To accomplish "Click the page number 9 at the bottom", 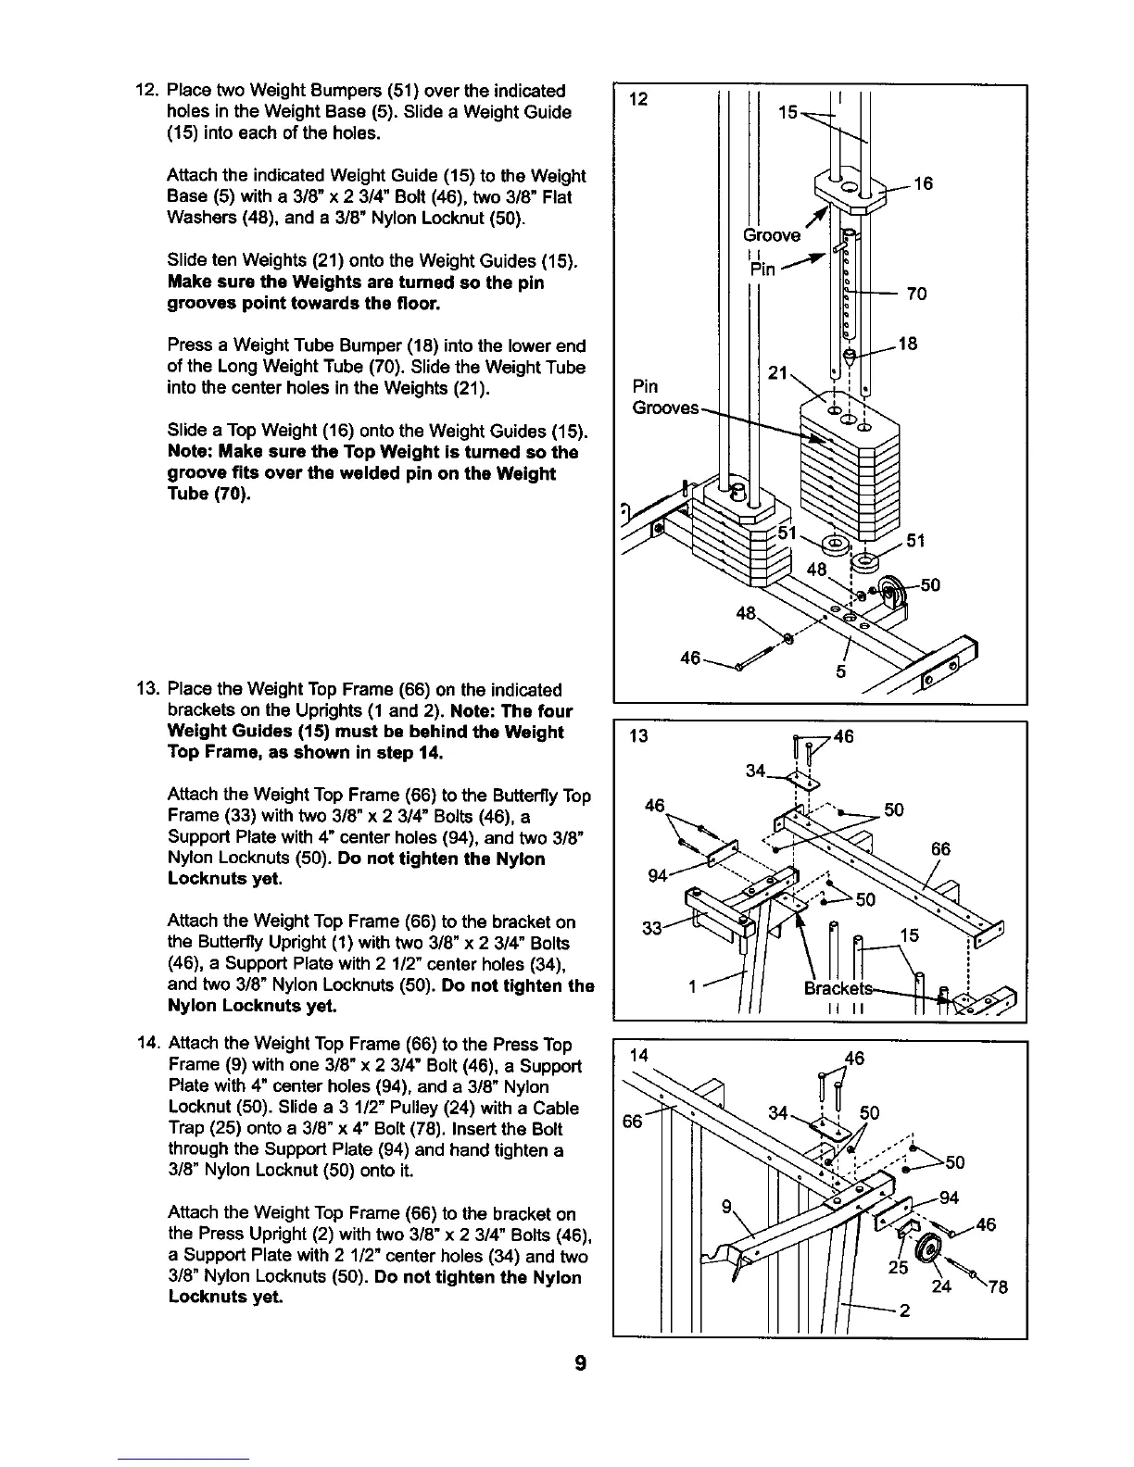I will pos(580,1363).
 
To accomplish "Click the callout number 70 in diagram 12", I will pos(916,295).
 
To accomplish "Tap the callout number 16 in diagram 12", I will pos(922,184).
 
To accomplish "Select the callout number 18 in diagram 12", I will pos(908,345).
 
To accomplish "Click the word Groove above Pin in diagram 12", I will pos(772,235).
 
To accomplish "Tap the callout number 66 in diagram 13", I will pos(940,849).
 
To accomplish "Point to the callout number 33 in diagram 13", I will pos(652,928).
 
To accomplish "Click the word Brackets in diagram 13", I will pos(834,988).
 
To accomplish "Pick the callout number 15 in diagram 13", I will pos(910,936).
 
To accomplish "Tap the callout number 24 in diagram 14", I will pos(941,1285).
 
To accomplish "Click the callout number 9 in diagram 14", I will pos(728,1207).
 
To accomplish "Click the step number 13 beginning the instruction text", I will pos(146,690).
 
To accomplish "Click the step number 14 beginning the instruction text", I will pos(146,1044).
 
